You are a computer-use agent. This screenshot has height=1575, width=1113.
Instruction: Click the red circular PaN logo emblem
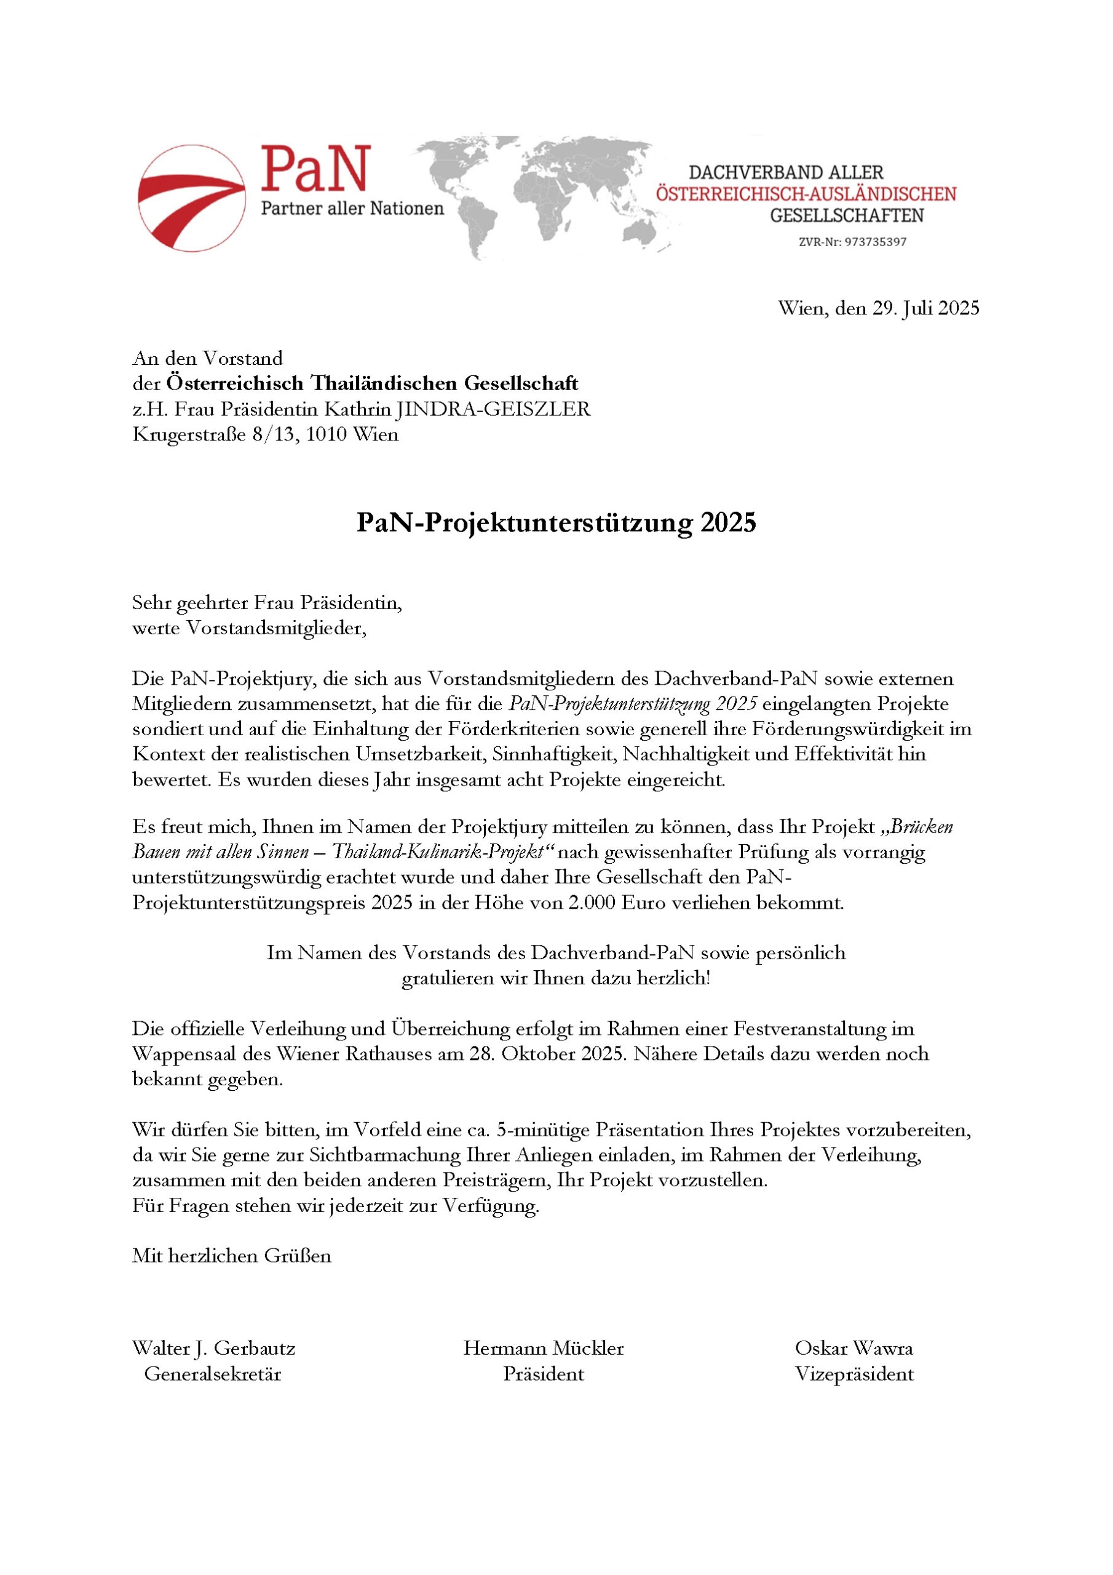[x=191, y=197]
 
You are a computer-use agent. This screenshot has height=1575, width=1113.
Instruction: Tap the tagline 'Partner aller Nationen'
[x=352, y=209]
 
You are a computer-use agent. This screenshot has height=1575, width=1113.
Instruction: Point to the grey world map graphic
[x=542, y=196]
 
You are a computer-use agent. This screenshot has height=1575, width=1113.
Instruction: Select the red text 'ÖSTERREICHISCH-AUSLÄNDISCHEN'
[x=806, y=194]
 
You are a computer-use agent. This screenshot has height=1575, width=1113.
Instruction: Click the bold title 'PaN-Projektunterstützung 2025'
[x=555, y=523]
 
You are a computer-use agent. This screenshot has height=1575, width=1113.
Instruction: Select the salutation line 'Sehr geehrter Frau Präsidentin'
[x=267, y=603]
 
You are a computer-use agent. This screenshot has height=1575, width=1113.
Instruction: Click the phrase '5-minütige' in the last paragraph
[x=542, y=1130]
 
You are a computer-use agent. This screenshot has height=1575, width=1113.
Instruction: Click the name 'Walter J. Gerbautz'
[x=213, y=1349]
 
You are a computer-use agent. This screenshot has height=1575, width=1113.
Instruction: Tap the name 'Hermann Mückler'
[x=543, y=1349]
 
